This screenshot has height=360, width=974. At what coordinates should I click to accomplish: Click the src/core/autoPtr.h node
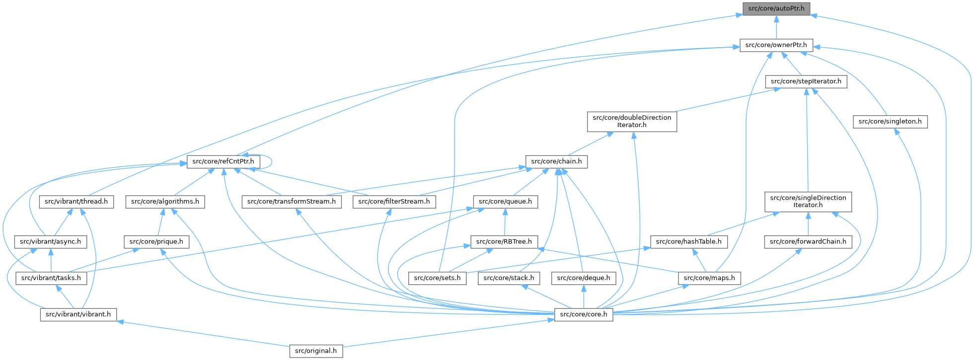tap(776, 8)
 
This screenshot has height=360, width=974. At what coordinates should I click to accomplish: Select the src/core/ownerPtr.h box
tap(776, 45)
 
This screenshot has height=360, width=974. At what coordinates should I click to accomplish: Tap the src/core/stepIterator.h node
tap(806, 81)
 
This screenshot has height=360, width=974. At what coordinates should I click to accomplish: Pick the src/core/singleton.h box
tap(890, 122)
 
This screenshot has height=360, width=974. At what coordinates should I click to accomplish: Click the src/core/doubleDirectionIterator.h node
tap(632, 122)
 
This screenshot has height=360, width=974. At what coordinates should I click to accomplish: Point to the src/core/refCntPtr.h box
tap(223, 161)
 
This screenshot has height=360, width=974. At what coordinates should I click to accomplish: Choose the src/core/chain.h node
tap(556, 161)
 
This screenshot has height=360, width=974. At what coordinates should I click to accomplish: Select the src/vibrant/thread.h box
tap(76, 202)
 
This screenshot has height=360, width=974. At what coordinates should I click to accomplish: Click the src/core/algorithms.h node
tap(165, 202)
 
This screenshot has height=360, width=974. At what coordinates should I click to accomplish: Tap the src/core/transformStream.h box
tap(292, 202)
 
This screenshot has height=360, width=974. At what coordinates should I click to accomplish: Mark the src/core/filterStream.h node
tap(394, 202)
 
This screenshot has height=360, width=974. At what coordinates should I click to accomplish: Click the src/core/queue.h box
tap(505, 202)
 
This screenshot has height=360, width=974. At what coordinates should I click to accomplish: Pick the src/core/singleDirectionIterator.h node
tap(808, 202)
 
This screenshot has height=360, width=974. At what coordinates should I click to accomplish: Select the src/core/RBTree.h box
tap(504, 242)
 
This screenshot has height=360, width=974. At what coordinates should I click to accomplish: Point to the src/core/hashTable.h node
tap(689, 242)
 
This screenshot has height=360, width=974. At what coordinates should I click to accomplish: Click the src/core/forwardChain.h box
tap(808, 242)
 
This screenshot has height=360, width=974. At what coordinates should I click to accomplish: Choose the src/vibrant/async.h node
tap(51, 242)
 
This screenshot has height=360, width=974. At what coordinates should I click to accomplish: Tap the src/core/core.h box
tap(583, 314)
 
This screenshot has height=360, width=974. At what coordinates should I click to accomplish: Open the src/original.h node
tap(316, 351)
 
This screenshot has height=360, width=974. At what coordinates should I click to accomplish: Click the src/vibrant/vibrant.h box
tap(78, 314)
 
